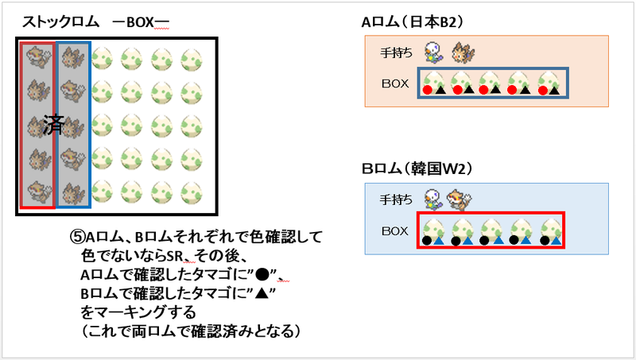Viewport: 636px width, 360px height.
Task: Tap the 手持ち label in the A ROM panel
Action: tap(397, 52)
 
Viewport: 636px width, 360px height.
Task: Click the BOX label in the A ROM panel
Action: tap(394, 83)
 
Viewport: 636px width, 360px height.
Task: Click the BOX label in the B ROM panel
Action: tap(394, 231)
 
